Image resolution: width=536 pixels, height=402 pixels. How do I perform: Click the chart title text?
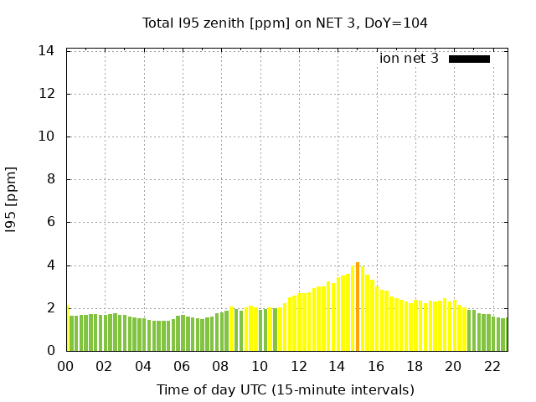(x=285, y=23)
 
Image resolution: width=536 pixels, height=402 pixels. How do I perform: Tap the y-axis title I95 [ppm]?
(x=12, y=199)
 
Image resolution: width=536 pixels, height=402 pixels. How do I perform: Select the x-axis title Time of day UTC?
(x=285, y=389)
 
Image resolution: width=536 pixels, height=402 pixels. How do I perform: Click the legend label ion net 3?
(x=409, y=59)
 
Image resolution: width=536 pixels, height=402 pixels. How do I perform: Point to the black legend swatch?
(x=469, y=59)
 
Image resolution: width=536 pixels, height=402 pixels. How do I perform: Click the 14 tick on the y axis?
(x=47, y=51)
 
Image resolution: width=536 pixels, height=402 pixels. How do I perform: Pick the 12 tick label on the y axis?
(x=47, y=94)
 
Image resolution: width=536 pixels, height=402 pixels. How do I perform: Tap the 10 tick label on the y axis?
(x=47, y=137)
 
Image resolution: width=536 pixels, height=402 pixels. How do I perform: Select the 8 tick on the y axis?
(x=50, y=179)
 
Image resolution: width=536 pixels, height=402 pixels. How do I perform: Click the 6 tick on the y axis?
(x=50, y=223)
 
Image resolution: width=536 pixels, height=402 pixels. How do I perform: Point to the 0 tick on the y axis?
(x=50, y=351)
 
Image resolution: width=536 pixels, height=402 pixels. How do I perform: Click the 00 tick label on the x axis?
(x=66, y=366)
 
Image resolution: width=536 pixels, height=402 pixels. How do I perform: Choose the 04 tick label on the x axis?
(x=143, y=366)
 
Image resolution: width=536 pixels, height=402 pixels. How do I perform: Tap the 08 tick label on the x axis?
(x=221, y=366)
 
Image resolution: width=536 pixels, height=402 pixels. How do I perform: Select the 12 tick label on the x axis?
(x=298, y=366)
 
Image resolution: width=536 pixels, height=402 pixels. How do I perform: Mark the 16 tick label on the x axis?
(x=376, y=366)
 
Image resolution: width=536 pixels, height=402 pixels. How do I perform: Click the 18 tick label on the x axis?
(x=415, y=366)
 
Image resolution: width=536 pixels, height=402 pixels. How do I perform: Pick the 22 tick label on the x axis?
(x=492, y=366)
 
